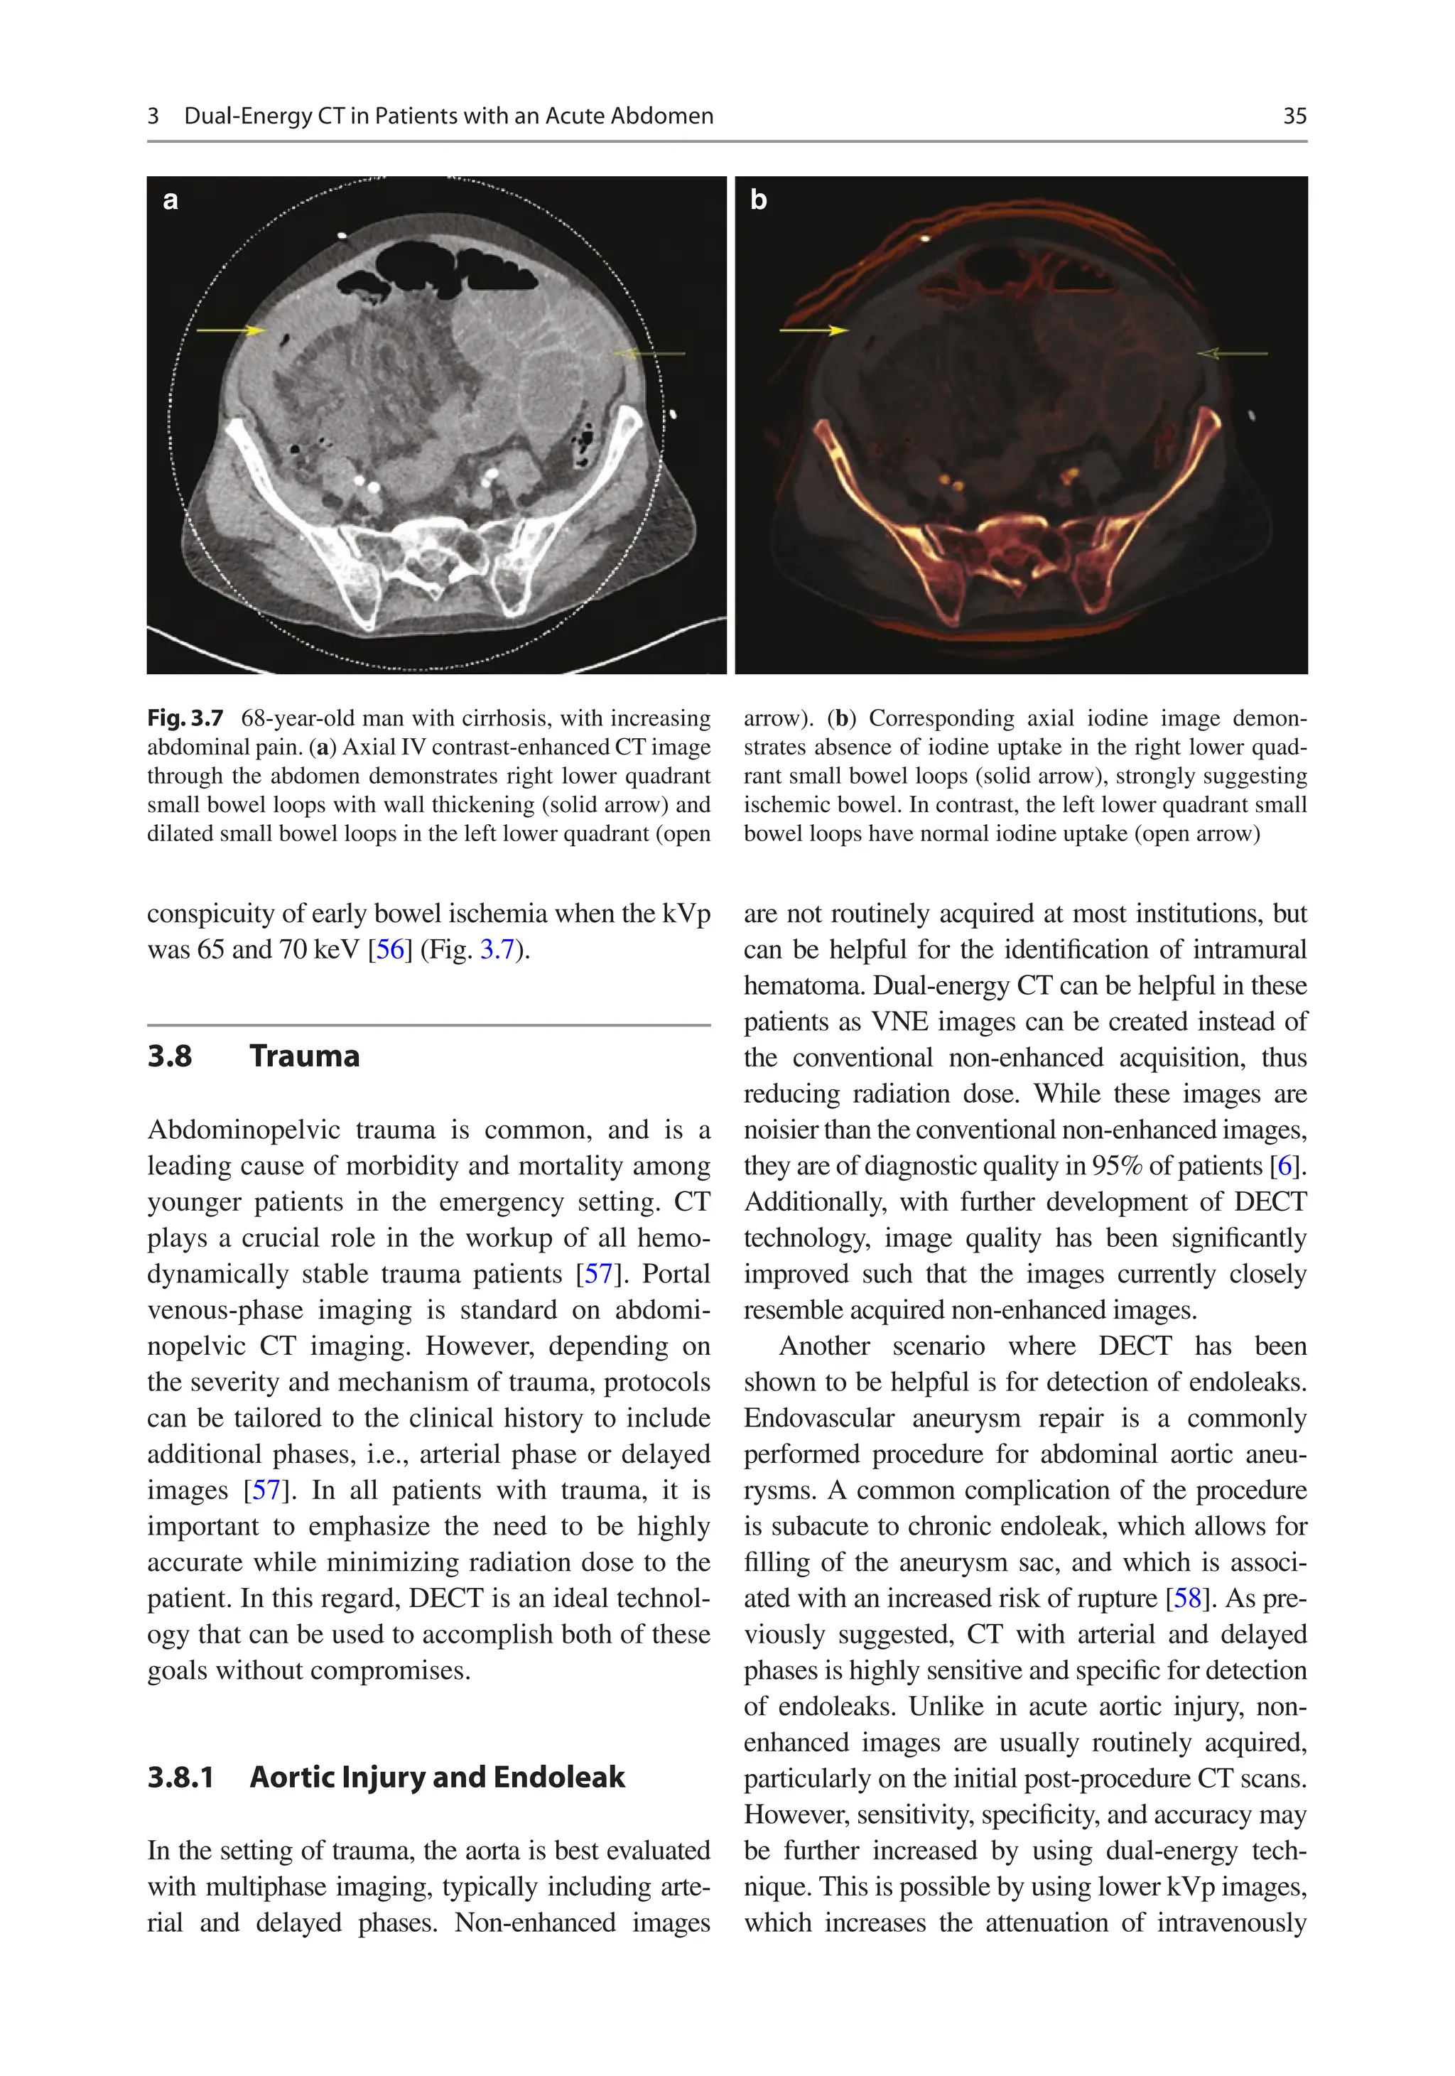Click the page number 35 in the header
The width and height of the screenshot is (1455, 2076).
tap(1294, 116)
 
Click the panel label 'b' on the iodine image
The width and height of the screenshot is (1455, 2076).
tap(758, 200)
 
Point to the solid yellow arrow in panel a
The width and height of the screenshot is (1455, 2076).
tap(231, 331)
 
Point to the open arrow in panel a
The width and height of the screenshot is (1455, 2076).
tap(649, 354)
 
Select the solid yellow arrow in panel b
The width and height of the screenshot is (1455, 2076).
tap(814, 331)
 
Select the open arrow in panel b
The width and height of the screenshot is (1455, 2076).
tap(1232, 354)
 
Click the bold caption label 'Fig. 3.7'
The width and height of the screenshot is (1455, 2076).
tap(185, 719)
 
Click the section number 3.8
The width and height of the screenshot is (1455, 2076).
tap(170, 1056)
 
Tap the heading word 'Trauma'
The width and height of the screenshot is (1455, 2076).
tap(304, 1056)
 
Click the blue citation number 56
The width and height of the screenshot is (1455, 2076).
tap(390, 949)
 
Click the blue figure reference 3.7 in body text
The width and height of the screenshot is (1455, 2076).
tap(497, 949)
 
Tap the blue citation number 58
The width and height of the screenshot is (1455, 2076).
tap(1187, 1599)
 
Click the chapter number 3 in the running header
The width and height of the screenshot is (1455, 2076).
tap(153, 116)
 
